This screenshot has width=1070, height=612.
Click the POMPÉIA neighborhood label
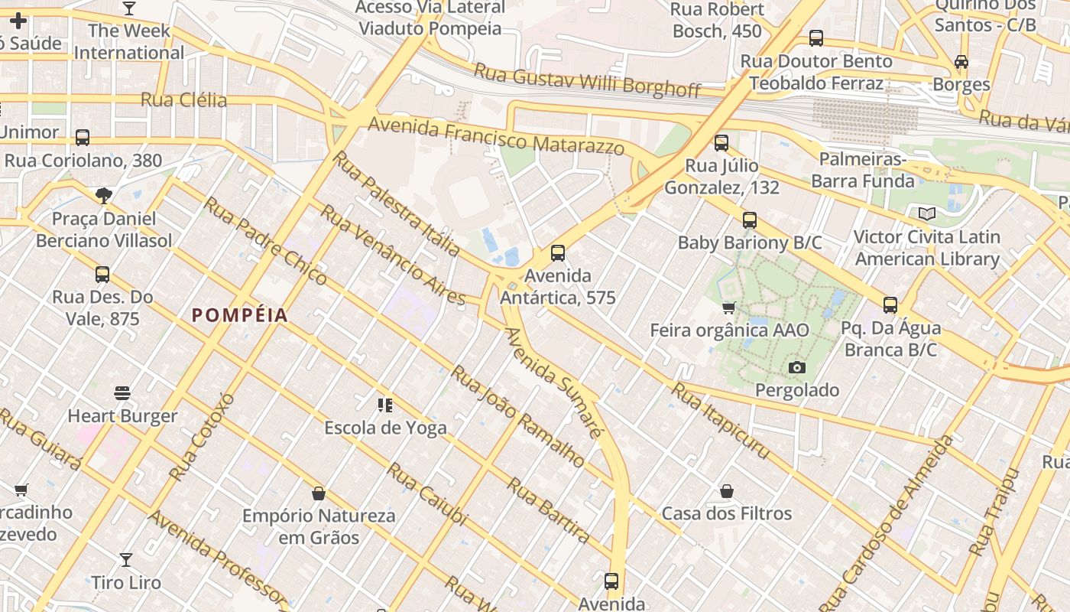239,315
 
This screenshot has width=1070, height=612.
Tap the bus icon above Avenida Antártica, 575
558,253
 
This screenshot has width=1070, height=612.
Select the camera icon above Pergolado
797,368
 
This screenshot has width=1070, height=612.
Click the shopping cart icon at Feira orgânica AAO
729,308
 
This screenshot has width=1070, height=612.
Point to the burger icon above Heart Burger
122,393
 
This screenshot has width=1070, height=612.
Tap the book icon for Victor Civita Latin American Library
927,214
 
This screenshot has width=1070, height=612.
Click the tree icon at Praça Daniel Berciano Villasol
104,196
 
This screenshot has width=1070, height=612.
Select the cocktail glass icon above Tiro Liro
126,560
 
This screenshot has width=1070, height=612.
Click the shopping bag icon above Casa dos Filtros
727,490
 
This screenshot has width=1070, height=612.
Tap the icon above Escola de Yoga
385,405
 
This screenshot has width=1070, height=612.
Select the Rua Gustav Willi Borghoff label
587,80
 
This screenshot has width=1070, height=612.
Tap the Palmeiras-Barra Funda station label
862,171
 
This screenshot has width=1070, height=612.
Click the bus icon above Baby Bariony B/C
750,220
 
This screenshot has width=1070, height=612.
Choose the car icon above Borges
961,62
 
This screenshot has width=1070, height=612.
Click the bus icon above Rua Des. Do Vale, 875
102,274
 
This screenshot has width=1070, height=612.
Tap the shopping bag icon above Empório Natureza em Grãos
319,493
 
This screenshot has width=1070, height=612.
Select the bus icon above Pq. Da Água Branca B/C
890,305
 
